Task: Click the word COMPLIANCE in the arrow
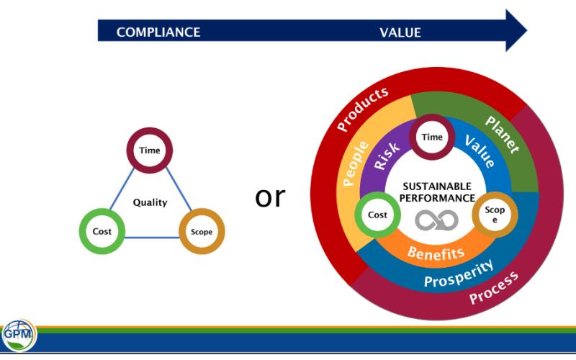click(x=158, y=32)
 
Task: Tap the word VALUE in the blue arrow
click(x=400, y=32)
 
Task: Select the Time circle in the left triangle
click(x=150, y=150)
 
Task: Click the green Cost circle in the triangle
click(x=102, y=231)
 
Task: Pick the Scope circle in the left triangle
click(x=202, y=231)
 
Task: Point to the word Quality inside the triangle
click(x=150, y=202)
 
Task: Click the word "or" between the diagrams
click(x=270, y=197)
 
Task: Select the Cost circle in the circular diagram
click(x=378, y=215)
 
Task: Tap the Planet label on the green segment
click(x=502, y=133)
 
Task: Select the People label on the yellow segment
click(x=354, y=163)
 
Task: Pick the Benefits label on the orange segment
click(x=436, y=253)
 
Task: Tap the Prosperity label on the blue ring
click(x=459, y=273)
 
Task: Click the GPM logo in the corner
click(x=17, y=336)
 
